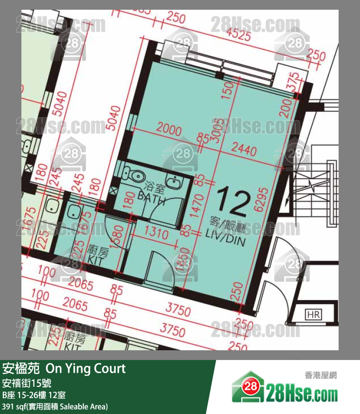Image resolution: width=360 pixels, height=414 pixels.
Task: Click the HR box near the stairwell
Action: point(312,315)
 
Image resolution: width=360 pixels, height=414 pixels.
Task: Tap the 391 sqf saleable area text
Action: point(55,406)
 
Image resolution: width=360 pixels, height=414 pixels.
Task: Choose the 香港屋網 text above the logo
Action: point(320,375)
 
